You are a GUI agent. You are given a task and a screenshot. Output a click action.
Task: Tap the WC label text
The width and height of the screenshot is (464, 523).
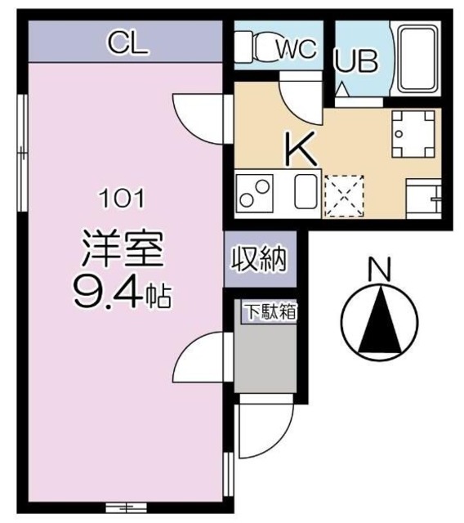click(294, 48)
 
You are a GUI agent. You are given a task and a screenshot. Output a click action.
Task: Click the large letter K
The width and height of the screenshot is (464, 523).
click(299, 150)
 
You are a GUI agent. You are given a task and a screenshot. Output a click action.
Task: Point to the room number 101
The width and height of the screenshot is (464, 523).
click(123, 198)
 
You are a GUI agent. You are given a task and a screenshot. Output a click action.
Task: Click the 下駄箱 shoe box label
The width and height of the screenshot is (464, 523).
click(269, 311)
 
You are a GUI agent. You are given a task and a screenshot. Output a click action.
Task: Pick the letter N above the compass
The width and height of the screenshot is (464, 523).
click(377, 267)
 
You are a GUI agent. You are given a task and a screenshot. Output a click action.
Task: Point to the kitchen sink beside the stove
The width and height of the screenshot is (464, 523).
click(305, 194)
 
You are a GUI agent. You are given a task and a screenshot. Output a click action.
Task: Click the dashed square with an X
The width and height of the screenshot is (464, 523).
click(344, 196)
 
